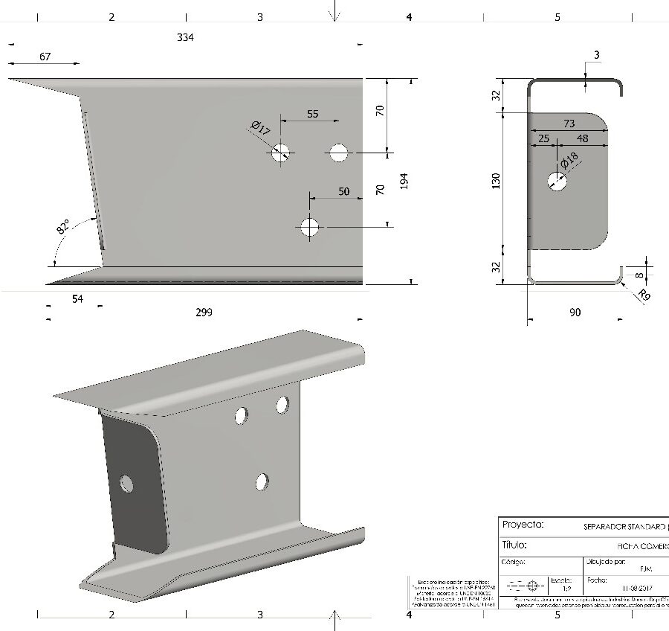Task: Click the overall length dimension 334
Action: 185,37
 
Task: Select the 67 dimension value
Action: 45,57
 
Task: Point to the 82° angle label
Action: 63,227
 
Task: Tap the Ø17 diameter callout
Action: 260,129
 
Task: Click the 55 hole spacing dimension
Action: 312,114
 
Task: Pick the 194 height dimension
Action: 404,182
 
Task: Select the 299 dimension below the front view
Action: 204,312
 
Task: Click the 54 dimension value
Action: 77,298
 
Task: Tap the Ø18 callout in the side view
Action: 569,161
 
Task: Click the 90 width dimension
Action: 575,313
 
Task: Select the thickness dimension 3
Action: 597,55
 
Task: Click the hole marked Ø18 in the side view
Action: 557,180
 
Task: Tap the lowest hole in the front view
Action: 309,226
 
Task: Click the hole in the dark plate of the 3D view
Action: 127,485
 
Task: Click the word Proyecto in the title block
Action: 523,525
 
